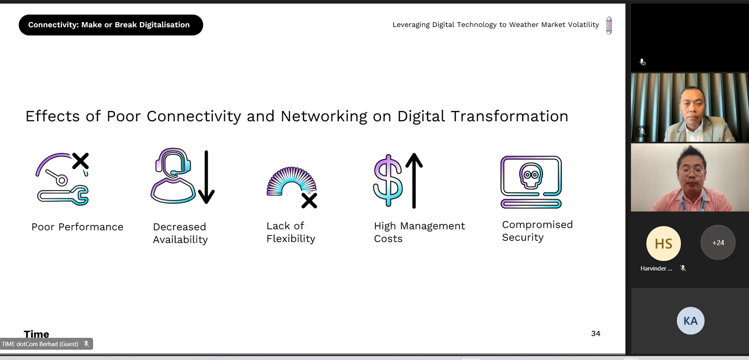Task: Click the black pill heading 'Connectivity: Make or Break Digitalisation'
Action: (111, 25)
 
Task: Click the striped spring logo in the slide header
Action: (609, 25)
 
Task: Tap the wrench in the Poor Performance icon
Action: (63, 195)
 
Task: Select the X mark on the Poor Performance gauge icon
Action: (81, 161)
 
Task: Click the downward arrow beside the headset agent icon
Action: (206, 177)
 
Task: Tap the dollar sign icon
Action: (388, 181)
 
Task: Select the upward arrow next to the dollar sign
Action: (414, 181)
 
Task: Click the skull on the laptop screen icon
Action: (531, 175)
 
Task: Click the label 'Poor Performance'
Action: (78, 227)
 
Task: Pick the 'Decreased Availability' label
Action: (181, 233)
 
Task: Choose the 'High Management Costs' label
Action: (419, 232)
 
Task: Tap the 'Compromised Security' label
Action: (537, 231)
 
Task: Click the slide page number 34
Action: (596, 333)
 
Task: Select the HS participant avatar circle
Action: (663, 244)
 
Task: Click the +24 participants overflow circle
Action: (718, 242)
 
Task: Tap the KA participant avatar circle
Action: (691, 321)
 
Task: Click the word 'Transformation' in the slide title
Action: (509, 116)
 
